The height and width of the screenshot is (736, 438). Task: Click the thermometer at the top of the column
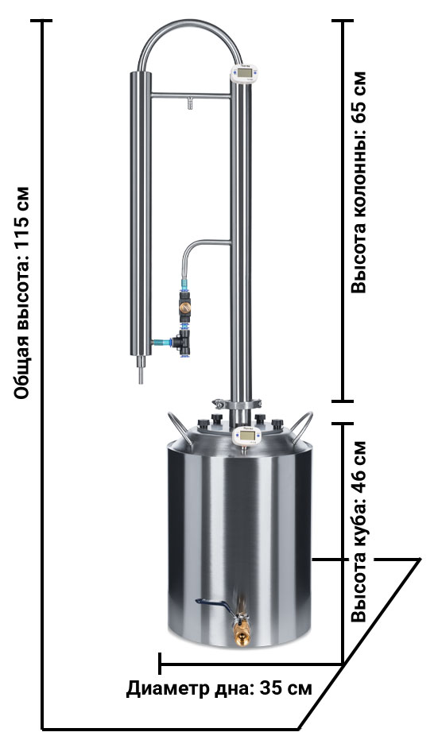tap(245, 74)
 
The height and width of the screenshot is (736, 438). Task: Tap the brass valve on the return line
tap(185, 307)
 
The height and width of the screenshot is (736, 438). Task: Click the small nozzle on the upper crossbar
tap(190, 103)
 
